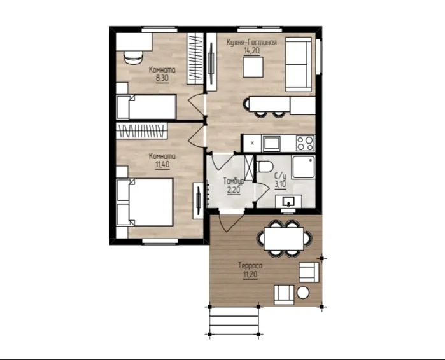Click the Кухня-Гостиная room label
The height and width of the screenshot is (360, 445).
[251, 43]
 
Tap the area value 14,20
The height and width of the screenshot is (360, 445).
[251, 51]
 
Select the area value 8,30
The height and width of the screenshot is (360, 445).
[162, 78]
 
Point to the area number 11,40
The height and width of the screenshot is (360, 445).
[162, 164]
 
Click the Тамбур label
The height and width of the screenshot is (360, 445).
[234, 181]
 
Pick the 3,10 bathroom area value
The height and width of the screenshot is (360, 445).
[280, 184]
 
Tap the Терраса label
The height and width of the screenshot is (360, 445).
[250, 266]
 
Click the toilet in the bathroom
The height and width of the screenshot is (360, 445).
[265, 167]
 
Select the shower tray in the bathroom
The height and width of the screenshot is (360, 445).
[304, 167]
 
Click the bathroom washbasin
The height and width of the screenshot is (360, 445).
[288, 202]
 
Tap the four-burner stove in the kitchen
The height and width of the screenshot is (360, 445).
[306, 143]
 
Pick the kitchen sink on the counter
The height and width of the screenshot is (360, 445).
[272, 144]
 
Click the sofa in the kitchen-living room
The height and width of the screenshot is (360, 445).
[299, 64]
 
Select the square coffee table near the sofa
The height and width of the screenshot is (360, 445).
[253, 67]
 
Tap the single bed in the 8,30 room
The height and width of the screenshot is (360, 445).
[146, 107]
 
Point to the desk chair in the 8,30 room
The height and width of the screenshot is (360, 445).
[133, 57]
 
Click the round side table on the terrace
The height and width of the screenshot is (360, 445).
[303, 293]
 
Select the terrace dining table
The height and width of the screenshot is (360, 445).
[284, 239]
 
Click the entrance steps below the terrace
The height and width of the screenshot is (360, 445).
[234, 321]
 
